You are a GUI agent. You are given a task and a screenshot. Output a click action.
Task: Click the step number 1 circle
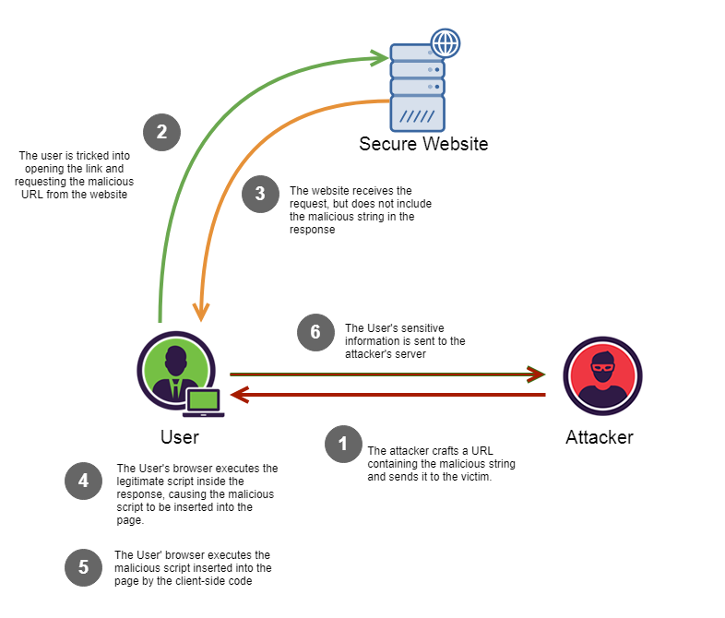click(343, 444)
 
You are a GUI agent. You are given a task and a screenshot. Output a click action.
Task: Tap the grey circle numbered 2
click(161, 131)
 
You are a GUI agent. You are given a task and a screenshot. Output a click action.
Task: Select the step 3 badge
click(260, 194)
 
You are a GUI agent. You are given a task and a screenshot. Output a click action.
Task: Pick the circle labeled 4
click(83, 481)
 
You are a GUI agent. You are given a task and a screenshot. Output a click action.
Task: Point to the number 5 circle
click(83, 567)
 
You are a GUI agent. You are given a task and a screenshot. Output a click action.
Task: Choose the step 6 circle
click(315, 332)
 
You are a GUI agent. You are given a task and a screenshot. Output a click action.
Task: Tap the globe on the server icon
click(446, 42)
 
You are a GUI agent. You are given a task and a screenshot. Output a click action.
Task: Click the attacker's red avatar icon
click(602, 374)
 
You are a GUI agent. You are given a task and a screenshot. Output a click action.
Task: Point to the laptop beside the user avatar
click(204, 401)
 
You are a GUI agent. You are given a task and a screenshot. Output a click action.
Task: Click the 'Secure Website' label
click(423, 145)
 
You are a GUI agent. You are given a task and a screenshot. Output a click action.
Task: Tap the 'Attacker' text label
click(600, 437)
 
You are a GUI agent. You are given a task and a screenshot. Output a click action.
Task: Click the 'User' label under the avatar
click(179, 437)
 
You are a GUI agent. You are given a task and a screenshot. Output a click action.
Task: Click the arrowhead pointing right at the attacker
click(537, 374)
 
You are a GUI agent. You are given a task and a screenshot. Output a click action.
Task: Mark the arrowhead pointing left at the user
click(238, 395)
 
